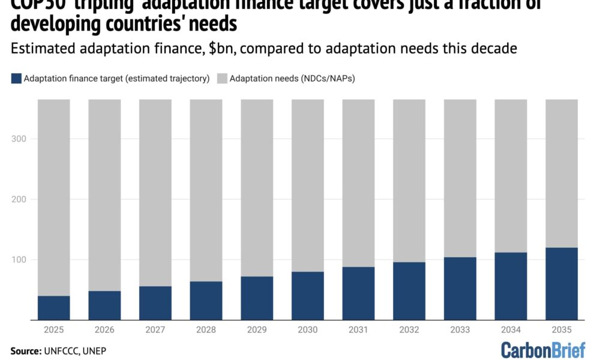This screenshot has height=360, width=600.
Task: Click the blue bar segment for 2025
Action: [x=54, y=308]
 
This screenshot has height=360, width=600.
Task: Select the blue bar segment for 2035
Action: [x=562, y=284]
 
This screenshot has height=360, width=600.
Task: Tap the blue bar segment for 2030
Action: [x=308, y=296]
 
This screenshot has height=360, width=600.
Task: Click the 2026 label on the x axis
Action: [x=104, y=329]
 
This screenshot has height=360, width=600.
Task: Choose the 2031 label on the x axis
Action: [x=358, y=329]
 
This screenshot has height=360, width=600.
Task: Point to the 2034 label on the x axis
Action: [x=511, y=329]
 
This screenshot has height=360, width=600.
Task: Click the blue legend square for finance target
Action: [x=16, y=78]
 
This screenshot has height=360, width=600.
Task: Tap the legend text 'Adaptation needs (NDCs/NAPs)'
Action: [x=292, y=78]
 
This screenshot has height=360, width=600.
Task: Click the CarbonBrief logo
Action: [x=543, y=350]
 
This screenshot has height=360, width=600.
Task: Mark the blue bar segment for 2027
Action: [x=155, y=303]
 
